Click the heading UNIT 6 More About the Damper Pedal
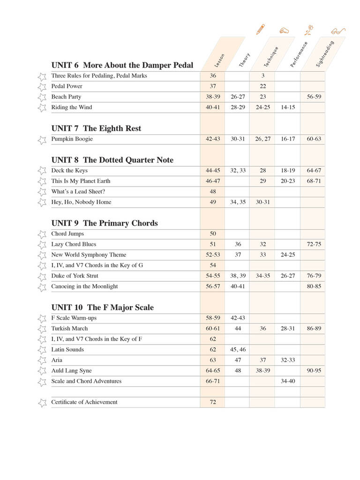point(122,65)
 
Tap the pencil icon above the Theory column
point(260,29)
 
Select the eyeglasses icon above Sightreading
point(337,31)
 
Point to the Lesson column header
point(219,61)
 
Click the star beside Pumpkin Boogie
point(42,139)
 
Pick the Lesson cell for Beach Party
point(213,97)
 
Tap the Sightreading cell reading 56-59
point(314,97)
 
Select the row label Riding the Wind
point(72,107)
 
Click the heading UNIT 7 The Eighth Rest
point(96,128)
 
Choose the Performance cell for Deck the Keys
point(288,171)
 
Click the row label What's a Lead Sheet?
point(78,192)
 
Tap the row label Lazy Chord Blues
point(73,244)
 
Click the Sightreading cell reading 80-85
point(314,286)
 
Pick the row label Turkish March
point(69,329)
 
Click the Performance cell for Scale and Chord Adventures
point(288,381)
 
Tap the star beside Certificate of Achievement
point(42,402)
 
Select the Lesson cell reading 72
point(213,402)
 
